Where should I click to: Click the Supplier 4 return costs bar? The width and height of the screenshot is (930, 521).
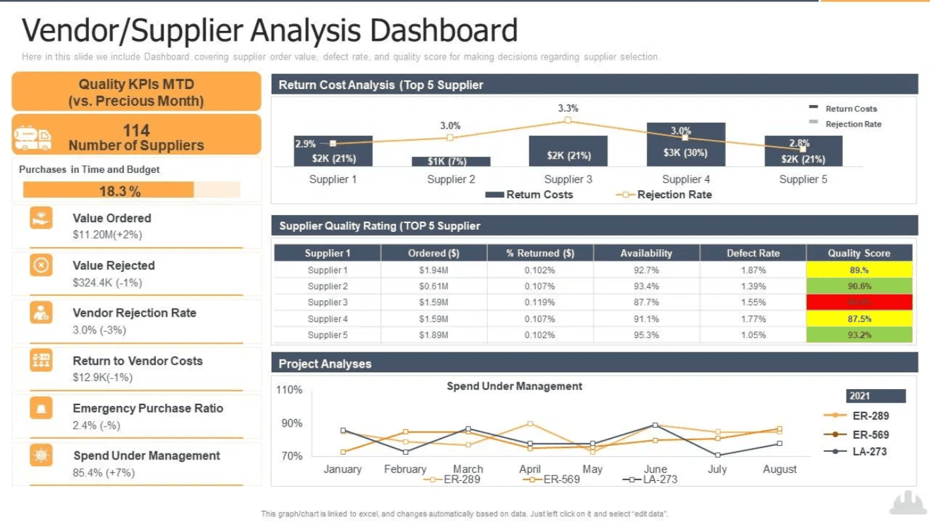pos(686,145)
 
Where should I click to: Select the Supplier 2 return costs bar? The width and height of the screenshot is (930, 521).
pos(450,161)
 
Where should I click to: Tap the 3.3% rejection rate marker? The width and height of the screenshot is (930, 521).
pos(567,120)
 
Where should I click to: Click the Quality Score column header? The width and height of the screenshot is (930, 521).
pos(859,253)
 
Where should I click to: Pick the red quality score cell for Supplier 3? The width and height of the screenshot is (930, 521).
pos(859,302)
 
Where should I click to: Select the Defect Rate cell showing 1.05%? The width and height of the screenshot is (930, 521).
pos(753,335)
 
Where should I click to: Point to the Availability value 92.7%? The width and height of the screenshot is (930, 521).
pos(646,270)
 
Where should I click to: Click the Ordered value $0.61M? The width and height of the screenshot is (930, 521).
pos(434,286)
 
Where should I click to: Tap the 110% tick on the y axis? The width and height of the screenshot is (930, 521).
pos(289,390)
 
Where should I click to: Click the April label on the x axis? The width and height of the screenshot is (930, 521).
pos(530,469)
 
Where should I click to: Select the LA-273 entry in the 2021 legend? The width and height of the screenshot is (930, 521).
pos(869,451)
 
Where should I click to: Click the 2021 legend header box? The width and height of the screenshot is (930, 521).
pos(875,396)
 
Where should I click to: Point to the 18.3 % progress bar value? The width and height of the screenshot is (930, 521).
pos(120,191)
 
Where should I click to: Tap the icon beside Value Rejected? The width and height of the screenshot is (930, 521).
pos(41,266)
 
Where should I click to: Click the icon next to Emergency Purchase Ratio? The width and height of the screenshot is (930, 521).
pos(41,408)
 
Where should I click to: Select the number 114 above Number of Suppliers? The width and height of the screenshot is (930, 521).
pos(136,131)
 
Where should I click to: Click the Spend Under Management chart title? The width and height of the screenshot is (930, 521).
pos(514,386)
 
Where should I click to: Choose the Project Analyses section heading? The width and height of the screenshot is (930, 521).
pos(325,364)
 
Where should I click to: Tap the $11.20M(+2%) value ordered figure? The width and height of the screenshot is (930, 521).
pos(107,235)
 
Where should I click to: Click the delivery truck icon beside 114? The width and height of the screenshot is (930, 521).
pos(33,138)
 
